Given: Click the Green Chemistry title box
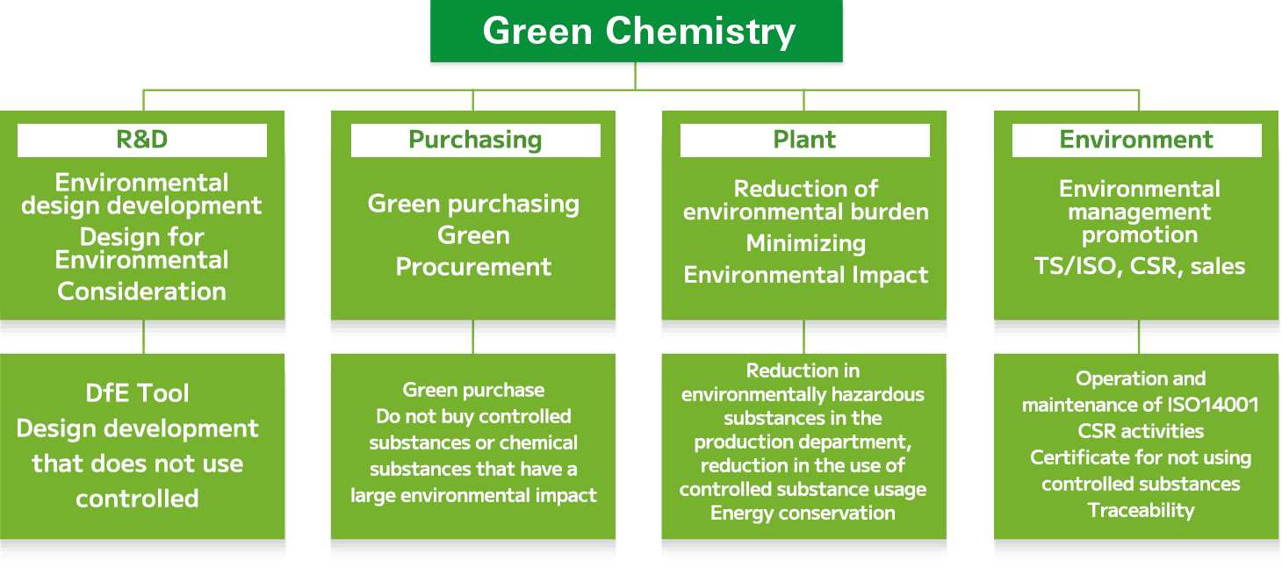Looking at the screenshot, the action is coord(636,31).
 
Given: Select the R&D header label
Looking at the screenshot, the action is coord(142,140).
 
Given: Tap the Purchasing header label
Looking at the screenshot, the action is coord(475,140).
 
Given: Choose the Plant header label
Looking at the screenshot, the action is coord(804,140).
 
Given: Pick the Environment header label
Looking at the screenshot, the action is coord(1136,140).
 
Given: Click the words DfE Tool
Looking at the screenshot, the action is coord(137,393).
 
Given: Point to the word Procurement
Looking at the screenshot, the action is coord(473,267).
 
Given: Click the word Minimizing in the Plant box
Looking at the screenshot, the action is coord(806,244).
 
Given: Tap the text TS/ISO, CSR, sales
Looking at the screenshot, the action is coord(1140,267).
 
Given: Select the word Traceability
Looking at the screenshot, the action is coord(1141,510).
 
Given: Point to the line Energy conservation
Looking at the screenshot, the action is coord(803,513).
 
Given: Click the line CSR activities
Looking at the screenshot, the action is coord(1141,431).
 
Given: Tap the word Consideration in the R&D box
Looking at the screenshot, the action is coord(141,291).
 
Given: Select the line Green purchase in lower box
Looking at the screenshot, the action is coord(473,390).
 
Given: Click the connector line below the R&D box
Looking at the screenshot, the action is coord(143,336).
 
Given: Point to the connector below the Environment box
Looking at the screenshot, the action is coord(1139,336).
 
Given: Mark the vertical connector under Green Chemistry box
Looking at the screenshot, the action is coord(635,75).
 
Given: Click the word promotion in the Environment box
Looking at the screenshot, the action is coord(1140,235).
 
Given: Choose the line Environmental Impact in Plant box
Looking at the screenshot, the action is coord(806,275).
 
